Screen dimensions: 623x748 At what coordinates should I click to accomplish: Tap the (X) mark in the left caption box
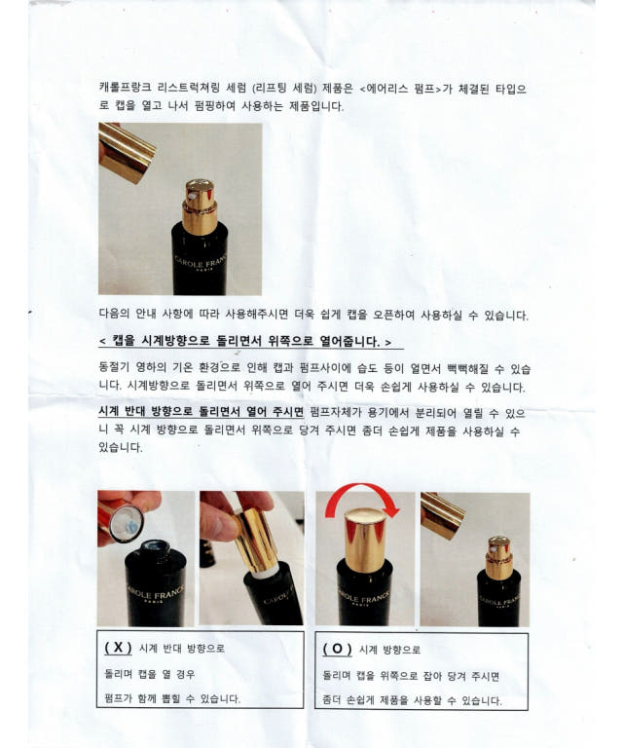tap(118, 648)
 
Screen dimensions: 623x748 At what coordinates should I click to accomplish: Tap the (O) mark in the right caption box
tap(337, 650)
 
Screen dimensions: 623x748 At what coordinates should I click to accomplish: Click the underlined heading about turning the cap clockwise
tap(245, 341)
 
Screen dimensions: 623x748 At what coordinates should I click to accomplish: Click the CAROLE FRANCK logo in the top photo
tap(201, 262)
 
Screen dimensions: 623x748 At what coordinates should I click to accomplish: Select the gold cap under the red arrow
tap(365, 540)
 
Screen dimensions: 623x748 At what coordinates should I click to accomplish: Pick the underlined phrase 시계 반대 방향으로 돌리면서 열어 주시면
tap(201, 411)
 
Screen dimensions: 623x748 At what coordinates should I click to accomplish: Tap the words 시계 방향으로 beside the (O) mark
tap(389, 650)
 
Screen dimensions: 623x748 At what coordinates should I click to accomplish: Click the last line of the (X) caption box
tap(172, 699)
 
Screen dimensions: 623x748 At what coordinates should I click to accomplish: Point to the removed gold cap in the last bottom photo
tap(443, 515)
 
